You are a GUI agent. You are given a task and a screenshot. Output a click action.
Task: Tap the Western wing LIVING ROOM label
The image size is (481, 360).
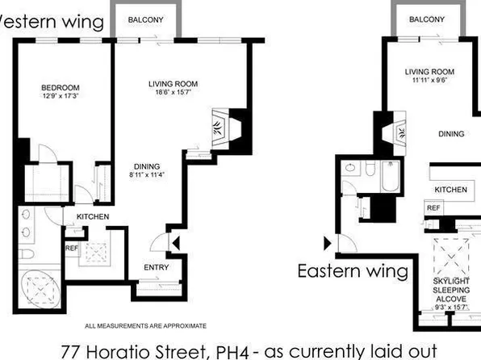pyautogui.click(x=173, y=83)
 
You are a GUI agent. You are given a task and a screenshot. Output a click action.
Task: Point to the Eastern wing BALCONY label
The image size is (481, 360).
pyautogui.click(x=426, y=19)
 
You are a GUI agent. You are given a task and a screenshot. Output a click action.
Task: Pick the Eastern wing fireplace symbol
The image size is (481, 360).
pyautogui.click(x=395, y=132)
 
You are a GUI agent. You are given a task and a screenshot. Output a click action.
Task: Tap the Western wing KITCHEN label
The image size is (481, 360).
pyautogui.click(x=93, y=217)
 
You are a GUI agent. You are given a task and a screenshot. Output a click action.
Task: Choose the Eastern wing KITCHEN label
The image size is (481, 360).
pyautogui.click(x=451, y=189)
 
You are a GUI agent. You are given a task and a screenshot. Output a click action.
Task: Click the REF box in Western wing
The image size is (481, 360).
pyautogui.click(x=73, y=248)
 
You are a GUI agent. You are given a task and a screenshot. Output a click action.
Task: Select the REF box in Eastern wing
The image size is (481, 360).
pyautogui.click(x=433, y=207)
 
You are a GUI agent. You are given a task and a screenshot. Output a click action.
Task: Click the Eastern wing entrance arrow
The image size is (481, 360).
pyautogui.click(x=328, y=241)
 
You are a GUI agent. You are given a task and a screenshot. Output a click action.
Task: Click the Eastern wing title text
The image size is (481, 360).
pyautogui.click(x=353, y=271)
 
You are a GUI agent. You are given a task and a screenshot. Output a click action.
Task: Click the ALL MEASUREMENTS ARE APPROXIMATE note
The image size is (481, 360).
pyautogui.click(x=146, y=325)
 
